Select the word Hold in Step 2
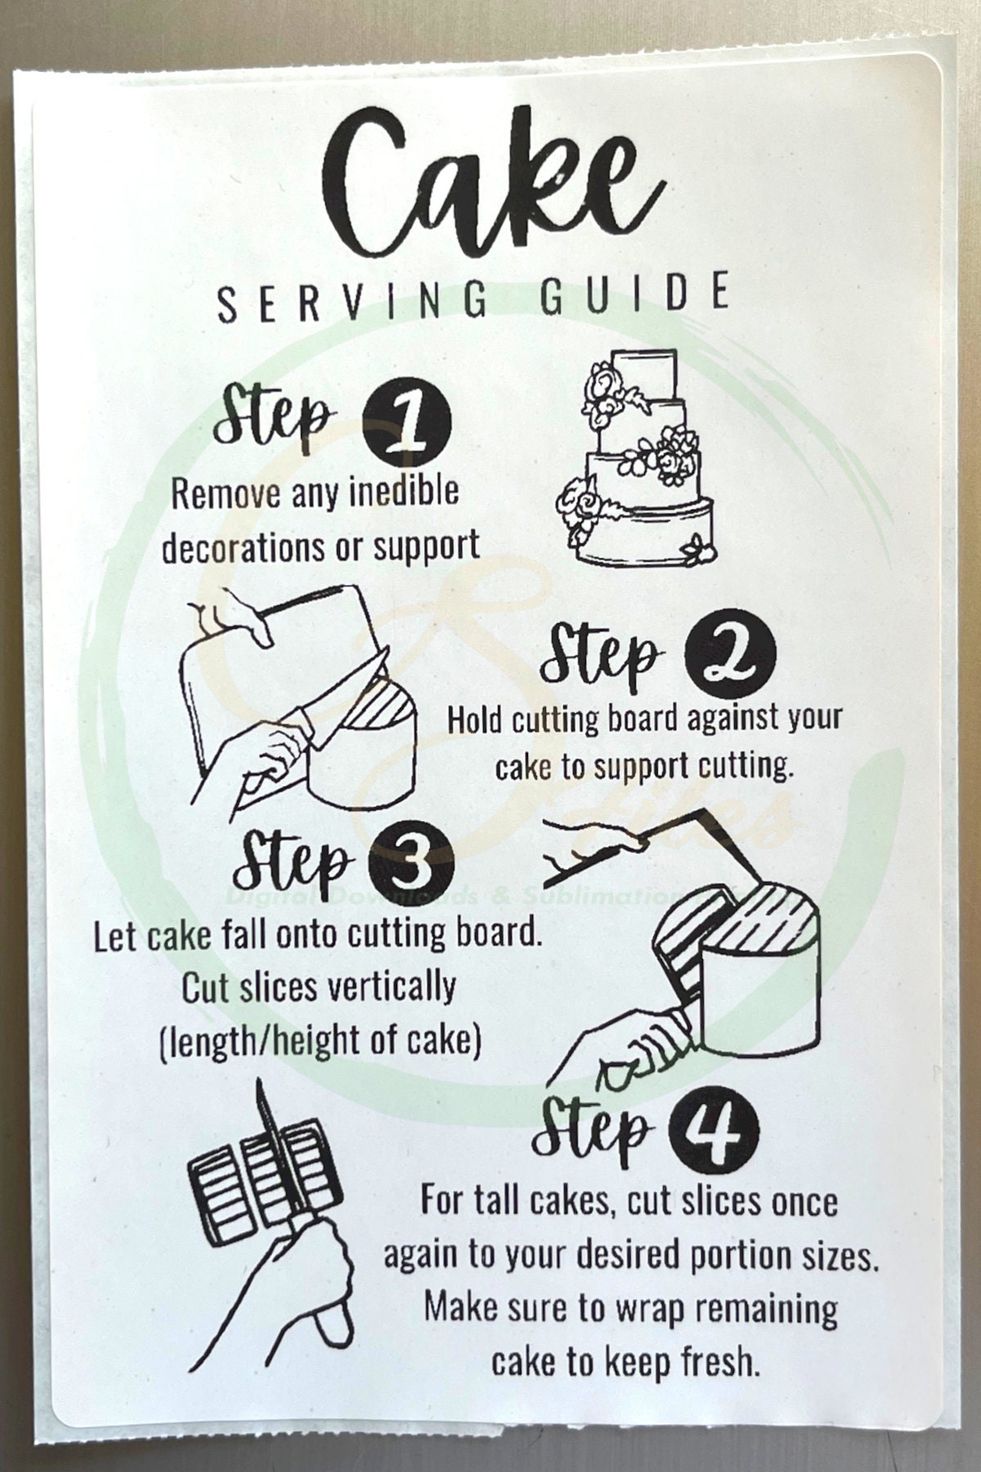coord(476,719)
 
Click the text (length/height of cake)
coord(320,1041)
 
